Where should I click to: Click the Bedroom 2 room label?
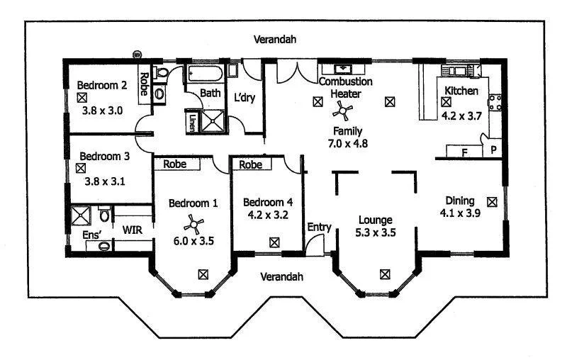coord(101,86)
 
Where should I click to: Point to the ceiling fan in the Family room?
coord(343,109)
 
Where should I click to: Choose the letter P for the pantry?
coord(493,151)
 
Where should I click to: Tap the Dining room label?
coord(459,200)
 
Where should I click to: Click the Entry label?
coord(319,227)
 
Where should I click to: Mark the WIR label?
coord(132,229)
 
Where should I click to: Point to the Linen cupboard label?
coord(191,123)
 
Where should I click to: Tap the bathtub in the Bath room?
coord(206,74)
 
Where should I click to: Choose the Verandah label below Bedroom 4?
coord(282,275)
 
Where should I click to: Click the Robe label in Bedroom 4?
coord(250,165)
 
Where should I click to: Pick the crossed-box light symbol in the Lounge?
coord(385,273)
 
